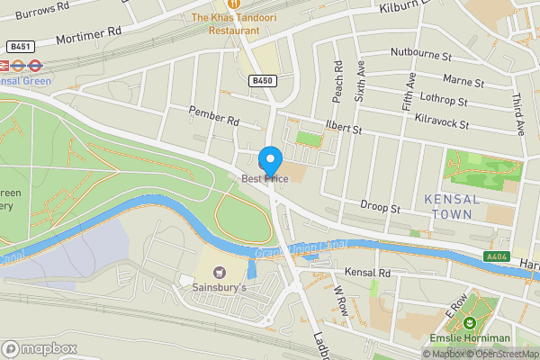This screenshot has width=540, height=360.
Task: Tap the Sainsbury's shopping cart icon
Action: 219,271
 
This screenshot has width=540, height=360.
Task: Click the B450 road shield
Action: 262,81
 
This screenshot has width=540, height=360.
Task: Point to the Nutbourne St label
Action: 420,55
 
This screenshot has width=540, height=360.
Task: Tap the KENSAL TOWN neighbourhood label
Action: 452,206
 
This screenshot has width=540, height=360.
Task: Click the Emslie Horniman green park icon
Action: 468,322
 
